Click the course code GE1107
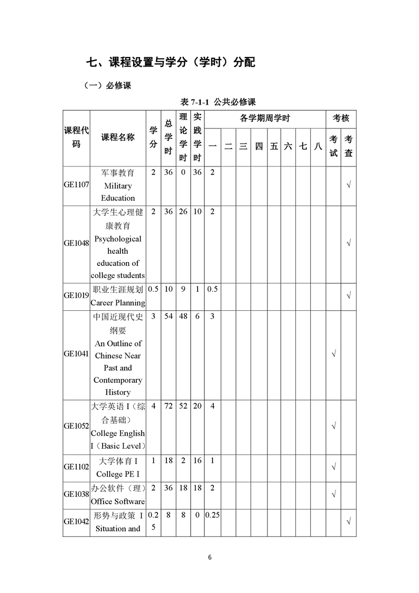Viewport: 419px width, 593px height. pos(76,185)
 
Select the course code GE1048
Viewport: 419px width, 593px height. pos(76,243)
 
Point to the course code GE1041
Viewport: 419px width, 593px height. pos(76,354)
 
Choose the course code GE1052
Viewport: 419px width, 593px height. pos(76,425)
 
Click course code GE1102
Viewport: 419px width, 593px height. pos(76,467)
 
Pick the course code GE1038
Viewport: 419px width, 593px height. pos(76,494)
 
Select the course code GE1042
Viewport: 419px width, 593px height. pos(76,521)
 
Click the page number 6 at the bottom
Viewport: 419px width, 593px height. pos(210,557)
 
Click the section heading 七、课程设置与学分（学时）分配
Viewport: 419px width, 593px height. pos(171,62)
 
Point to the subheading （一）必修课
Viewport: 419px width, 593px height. pos(107,85)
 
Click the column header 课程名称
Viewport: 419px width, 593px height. pos(118,137)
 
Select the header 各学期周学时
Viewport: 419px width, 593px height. pos(265,118)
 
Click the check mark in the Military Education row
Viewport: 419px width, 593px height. pos(349,185)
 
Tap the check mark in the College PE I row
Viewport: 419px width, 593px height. pos(333,467)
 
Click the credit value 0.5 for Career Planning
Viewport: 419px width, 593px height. pos(153,289)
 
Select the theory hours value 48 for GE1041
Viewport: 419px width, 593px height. pos(183,316)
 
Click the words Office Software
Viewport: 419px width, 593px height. pos(117,501)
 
